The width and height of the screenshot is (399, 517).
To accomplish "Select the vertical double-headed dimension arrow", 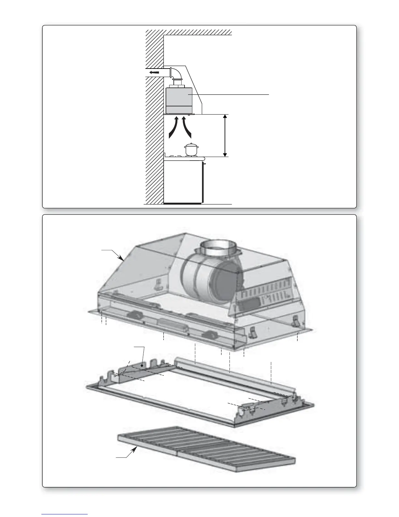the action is pyautogui.click(x=225, y=135).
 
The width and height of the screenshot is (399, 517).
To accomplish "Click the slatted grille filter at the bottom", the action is pyautogui.click(x=205, y=450).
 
